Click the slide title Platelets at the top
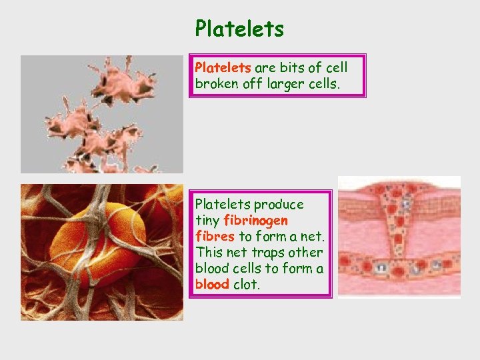coord(239,29)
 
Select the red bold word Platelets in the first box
coord(223,67)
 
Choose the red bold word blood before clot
coord(212,284)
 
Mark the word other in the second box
coord(307,252)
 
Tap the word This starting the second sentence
coord(208,252)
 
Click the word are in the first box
coord(265,67)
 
